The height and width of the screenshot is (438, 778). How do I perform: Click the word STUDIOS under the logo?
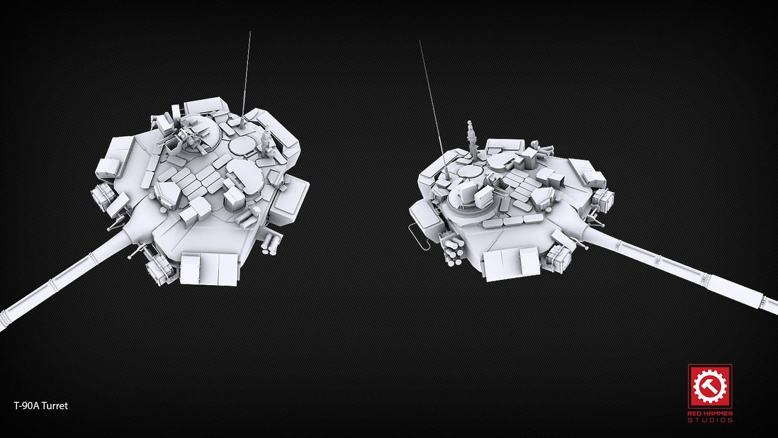pyautogui.click(x=710, y=420)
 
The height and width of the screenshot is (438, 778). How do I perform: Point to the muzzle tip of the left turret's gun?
pyautogui.click(x=2, y=322)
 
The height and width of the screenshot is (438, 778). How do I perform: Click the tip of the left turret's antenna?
pyautogui.click(x=250, y=32)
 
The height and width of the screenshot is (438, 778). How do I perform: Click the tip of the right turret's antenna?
pyautogui.click(x=420, y=40)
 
